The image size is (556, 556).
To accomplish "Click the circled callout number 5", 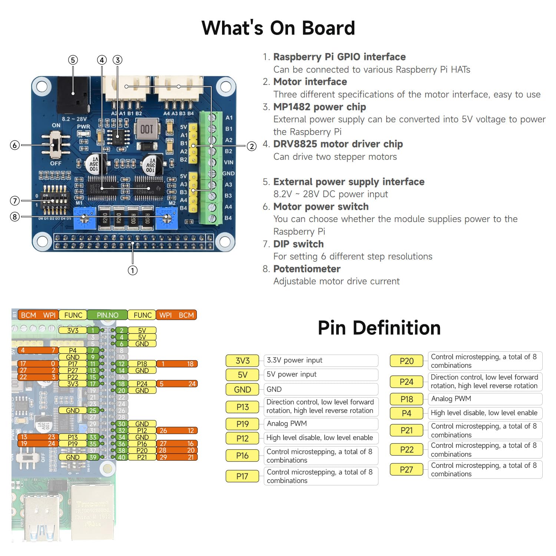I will pos(73,60).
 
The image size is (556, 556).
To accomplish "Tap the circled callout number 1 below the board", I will pos(132,271).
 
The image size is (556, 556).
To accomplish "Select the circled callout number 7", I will pos(15,201).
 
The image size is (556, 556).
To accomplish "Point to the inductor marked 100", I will pos(147,129).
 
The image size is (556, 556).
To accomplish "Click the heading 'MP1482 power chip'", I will pos(320,107).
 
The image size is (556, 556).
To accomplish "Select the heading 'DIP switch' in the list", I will pos(298,244).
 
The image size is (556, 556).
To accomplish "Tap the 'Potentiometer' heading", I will pos(307,269).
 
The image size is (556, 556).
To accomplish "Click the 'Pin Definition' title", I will pos(379,328).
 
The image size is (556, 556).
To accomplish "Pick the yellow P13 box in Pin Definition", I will pos(242,407).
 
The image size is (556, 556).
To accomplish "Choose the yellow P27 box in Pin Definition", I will pos(406,470).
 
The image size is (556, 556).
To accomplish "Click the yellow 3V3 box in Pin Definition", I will pos(242,361).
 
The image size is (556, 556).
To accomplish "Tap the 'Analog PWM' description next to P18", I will pos(451,399).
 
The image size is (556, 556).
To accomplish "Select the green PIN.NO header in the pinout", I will pos(107,315).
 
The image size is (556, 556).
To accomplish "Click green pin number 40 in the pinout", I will pos(122,457).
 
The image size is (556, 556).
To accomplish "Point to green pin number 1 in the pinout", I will pos(93,330).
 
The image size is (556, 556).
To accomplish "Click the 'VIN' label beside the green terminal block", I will pos(228,162).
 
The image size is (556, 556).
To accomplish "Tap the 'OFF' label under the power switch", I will pos(56,163).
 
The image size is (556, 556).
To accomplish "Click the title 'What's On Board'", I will pos(278,28).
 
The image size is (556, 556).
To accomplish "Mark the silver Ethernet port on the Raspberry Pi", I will pos(91,510).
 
